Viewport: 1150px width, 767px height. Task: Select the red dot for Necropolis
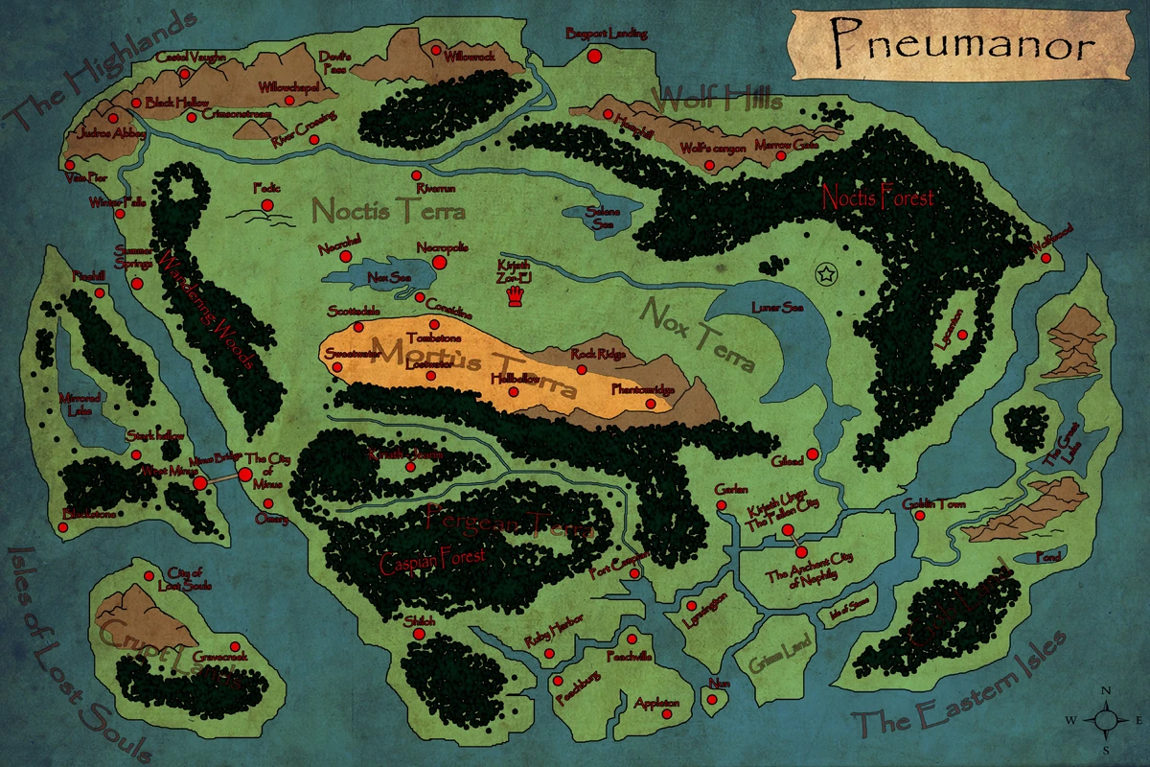pyautogui.click(x=440, y=262)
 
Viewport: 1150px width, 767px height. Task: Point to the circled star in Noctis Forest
pyautogui.click(x=823, y=274)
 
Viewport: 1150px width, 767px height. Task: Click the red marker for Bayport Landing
pyautogui.click(x=593, y=56)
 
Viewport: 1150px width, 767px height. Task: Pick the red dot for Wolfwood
pyautogui.click(x=1036, y=254)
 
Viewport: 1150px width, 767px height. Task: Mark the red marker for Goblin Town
pyautogui.click(x=920, y=516)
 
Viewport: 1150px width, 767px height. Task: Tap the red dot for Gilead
pyautogui.click(x=813, y=453)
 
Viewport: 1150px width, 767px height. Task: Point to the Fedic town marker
pyautogui.click(x=267, y=205)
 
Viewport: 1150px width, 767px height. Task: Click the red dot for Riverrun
pyautogui.click(x=417, y=175)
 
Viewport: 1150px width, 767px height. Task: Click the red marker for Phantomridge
pyautogui.click(x=651, y=404)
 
